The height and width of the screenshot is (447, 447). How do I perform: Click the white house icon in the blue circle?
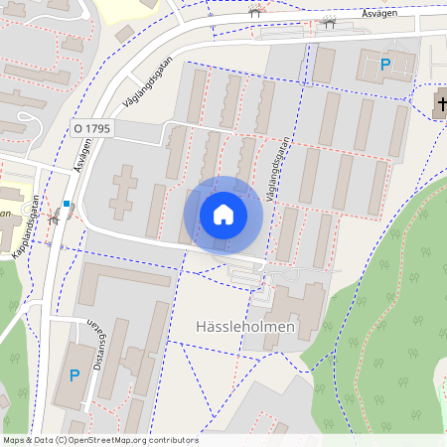pos(223,215)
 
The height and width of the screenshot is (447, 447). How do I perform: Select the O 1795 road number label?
pos(90,128)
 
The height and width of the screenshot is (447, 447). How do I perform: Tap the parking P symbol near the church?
pos(386,65)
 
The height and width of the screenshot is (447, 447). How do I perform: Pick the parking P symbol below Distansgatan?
pos(74,374)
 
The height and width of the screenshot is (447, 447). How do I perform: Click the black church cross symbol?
pos(440,102)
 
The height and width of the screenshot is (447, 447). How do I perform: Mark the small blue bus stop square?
pos(67,204)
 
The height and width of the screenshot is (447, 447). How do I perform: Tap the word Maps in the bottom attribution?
pos(14,440)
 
